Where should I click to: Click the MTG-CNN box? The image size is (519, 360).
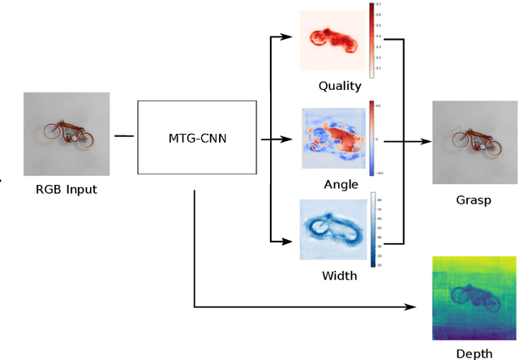pos(198,138)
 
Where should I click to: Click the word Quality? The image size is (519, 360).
pos(340,87)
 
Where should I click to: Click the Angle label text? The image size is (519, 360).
pos(340,184)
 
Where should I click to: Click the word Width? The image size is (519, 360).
pos(340,276)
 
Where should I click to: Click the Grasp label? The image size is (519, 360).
pos(473,199)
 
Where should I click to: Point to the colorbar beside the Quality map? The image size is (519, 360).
pos(372,41)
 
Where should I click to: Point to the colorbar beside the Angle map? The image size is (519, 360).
pos(373,138)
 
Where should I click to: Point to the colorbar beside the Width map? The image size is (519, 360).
pos(374,229)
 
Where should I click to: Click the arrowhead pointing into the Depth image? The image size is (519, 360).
pos(412,307)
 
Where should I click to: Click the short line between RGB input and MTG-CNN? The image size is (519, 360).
pos(124,135)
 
